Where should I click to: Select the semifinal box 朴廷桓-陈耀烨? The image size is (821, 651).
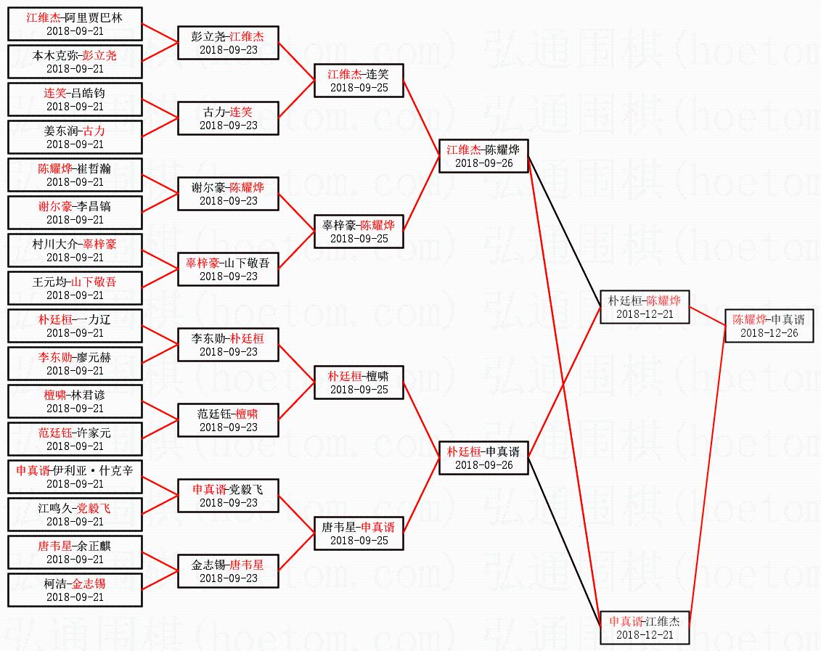[644, 307]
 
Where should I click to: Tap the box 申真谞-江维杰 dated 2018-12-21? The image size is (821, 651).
[644, 628]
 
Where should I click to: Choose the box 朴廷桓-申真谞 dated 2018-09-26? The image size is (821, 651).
[483, 458]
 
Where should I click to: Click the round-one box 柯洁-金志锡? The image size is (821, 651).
[75, 590]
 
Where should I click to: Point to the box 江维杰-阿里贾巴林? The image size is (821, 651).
[75, 24]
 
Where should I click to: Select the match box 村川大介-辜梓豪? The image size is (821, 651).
[75, 250]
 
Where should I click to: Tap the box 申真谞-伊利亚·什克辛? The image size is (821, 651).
[75, 477]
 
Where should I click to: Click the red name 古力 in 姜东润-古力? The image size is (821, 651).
[94, 131]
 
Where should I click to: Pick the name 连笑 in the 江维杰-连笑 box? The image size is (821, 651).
[377, 74]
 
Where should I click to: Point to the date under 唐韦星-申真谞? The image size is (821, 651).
[359, 541]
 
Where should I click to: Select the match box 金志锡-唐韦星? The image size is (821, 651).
[228, 571]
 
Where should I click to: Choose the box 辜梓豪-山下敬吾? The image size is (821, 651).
[228, 269]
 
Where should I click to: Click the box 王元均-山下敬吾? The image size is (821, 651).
[75, 288]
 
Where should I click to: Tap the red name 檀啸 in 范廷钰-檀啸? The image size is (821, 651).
[247, 414]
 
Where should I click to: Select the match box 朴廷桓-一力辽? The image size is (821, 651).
[75, 326]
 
